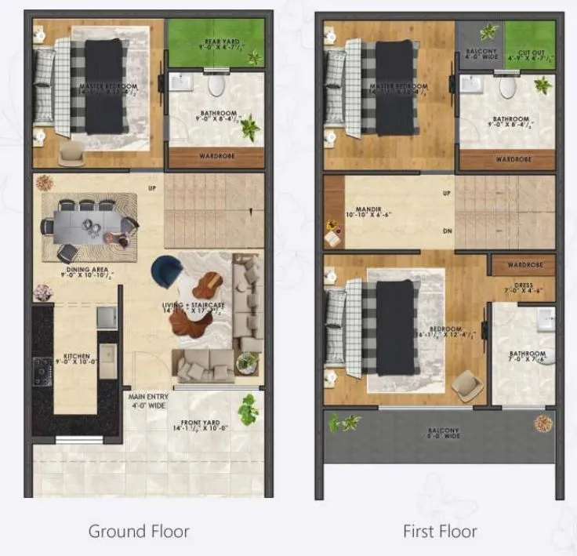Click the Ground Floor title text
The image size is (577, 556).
coord(139,531)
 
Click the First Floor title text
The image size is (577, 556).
coord(440,531)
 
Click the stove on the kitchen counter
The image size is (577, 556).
coord(42,371)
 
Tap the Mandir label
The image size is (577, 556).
coord(360,213)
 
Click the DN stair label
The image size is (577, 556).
coord(448,231)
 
